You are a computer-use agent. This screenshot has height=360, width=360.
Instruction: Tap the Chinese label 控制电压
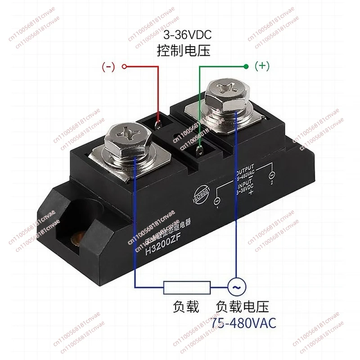pyautogui.click(x=183, y=50)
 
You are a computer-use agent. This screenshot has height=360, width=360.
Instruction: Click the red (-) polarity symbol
pyautogui.click(x=109, y=67)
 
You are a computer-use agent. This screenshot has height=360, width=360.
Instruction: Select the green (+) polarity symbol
pyautogui.click(x=262, y=67)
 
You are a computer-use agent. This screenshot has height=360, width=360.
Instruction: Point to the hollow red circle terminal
pyautogui.click(x=125, y=67)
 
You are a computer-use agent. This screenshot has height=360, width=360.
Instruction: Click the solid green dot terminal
pyautogui.click(x=246, y=67)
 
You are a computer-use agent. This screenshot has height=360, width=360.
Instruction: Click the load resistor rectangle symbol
pyautogui.click(x=186, y=287)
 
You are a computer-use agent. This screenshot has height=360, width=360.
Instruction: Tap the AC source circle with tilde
pyautogui.click(x=235, y=286)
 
